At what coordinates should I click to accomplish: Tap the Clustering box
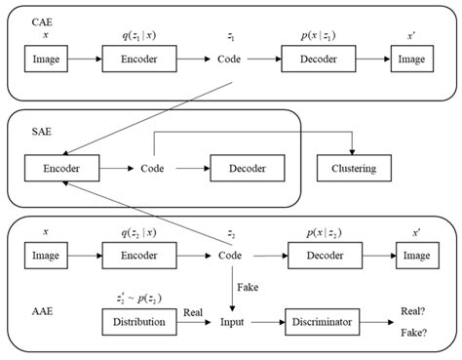tap(353, 169)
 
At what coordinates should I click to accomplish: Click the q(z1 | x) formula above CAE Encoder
tap(138, 36)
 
